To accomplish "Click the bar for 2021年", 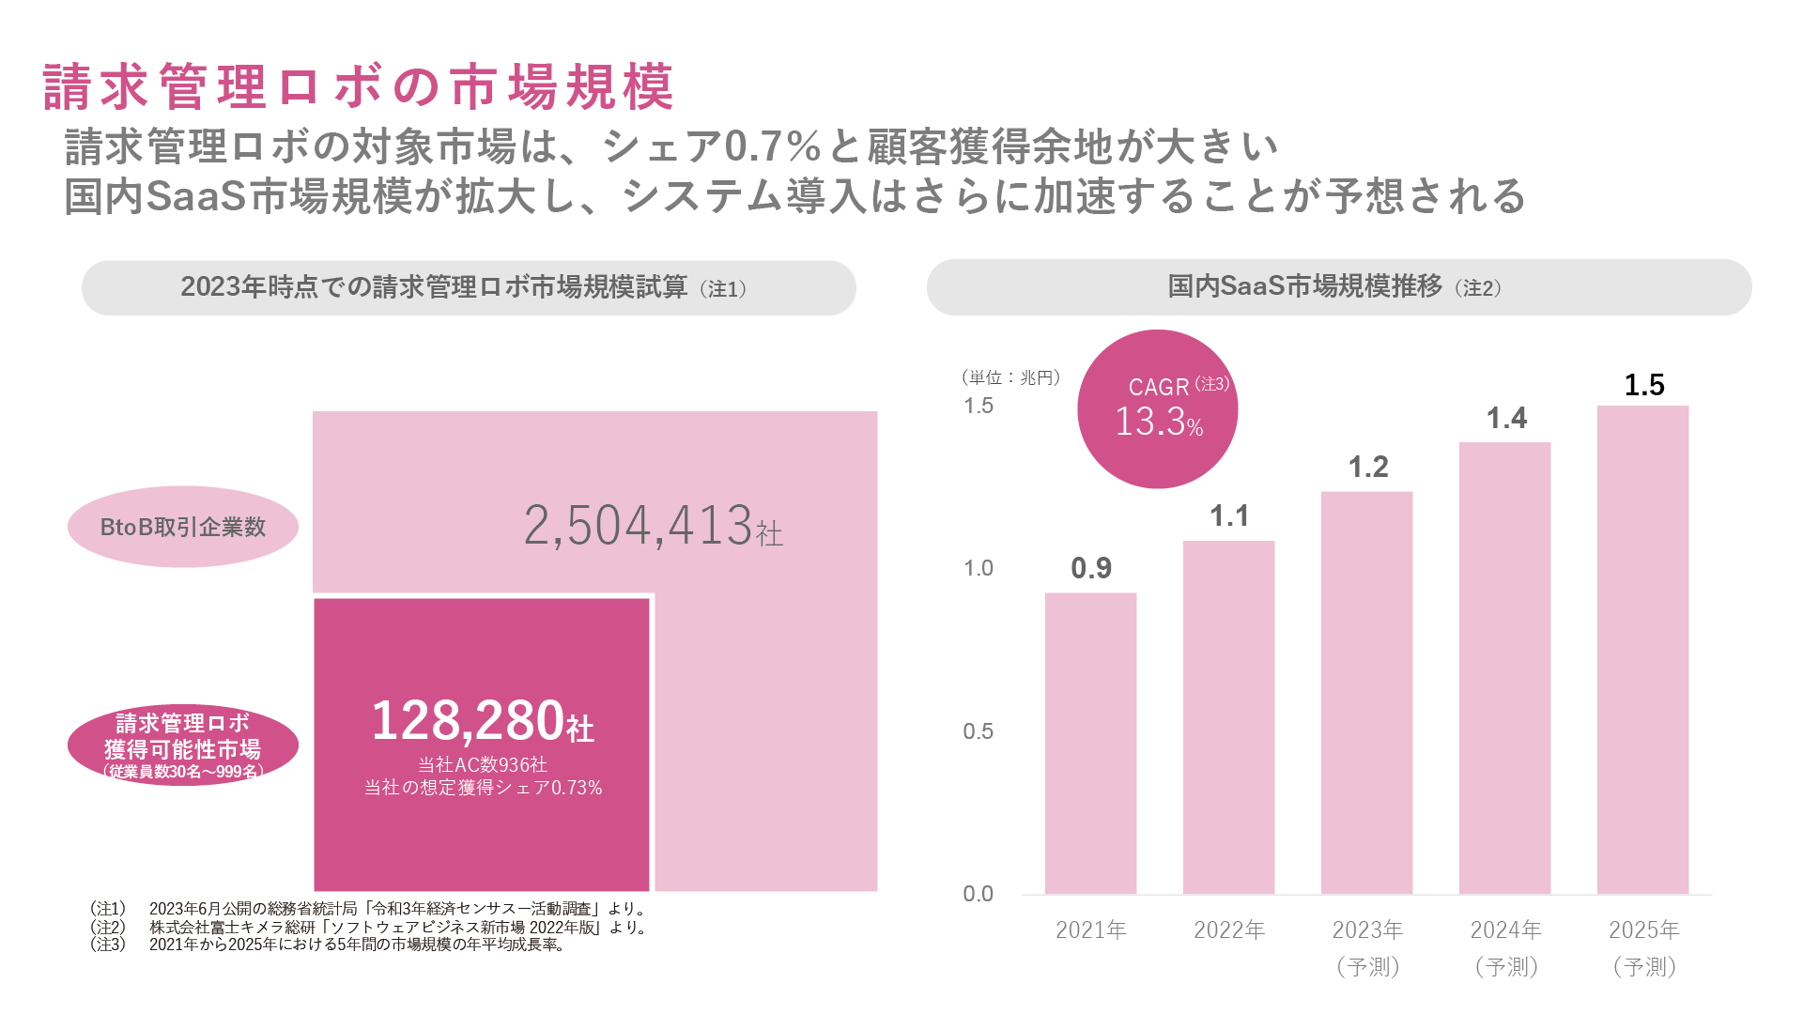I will point(1090,743).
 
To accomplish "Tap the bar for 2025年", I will point(1642,649).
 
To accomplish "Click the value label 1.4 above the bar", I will point(1506,419).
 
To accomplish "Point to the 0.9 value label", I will point(1091,568).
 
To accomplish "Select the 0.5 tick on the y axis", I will point(978,731).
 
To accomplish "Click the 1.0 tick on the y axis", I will point(978,568).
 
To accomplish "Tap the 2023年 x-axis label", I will point(1367,929).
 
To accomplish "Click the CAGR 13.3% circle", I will point(1157,409).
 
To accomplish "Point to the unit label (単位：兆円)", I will point(1010,377).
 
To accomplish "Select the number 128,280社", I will point(483,721).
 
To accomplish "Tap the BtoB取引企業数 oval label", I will point(183,527).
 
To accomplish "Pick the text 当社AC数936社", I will point(483,764).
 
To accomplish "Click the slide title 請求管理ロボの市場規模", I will point(359,87).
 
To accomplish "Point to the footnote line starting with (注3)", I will point(329,945).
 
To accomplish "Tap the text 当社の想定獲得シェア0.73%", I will point(483,788).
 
